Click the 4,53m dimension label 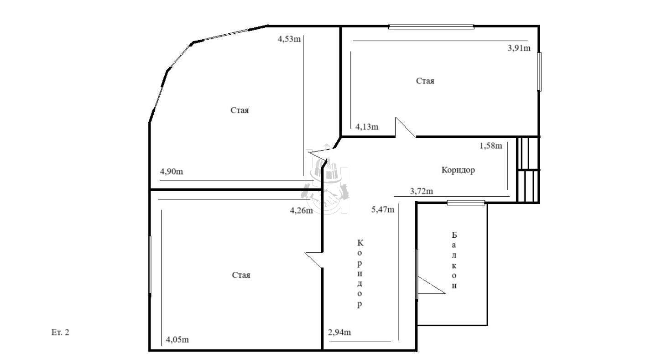tap(289, 39)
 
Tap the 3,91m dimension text tap(519, 48)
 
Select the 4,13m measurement tap(367, 127)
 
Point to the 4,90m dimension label tap(171, 172)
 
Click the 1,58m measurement tap(491, 146)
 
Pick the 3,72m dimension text tap(422, 191)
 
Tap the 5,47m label tap(383, 209)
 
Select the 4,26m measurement tap(302, 211)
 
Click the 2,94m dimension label tap(339, 332)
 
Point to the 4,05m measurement tap(177, 340)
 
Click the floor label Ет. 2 tap(60, 332)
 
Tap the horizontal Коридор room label tap(458, 170)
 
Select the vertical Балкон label tap(454, 260)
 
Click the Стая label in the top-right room tap(425, 81)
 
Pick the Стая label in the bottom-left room tap(241, 275)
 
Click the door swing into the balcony tap(431, 285)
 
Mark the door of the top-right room tap(405, 127)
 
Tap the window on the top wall tap(431, 27)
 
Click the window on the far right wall tap(539, 72)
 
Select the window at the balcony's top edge tap(466, 203)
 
